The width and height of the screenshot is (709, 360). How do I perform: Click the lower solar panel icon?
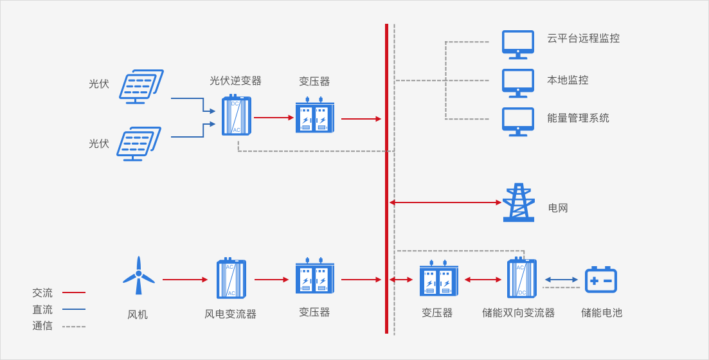pyautogui.click(x=138, y=143)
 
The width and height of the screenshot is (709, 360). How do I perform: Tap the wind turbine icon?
pyautogui.click(x=139, y=276)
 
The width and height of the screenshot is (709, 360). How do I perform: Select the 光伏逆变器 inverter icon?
pyautogui.click(x=236, y=116)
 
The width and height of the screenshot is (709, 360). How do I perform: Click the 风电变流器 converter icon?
pyautogui.click(x=231, y=278)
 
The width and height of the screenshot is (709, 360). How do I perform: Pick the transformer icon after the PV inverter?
pyautogui.click(x=315, y=116)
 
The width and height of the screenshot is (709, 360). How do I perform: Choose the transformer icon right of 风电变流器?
pyautogui.click(x=315, y=276)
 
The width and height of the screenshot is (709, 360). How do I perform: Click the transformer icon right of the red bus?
pyautogui.click(x=438, y=279)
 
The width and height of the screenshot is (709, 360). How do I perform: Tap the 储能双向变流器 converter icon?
pyautogui.click(x=521, y=278)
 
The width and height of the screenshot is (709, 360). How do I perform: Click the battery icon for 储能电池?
pyautogui.click(x=601, y=280)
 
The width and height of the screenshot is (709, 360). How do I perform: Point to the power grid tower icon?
pyautogui.click(x=519, y=203)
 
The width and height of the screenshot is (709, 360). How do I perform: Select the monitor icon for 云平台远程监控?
pyautogui.click(x=517, y=44)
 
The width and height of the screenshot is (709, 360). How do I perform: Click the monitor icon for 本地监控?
pyautogui.click(x=517, y=83)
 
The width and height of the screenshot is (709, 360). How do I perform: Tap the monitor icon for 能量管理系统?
pyautogui.click(x=517, y=122)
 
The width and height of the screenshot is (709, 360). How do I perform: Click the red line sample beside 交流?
pyautogui.click(x=74, y=292)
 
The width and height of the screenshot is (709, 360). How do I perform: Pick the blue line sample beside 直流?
pyautogui.click(x=74, y=309)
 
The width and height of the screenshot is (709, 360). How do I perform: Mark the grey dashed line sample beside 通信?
pyautogui.click(x=74, y=327)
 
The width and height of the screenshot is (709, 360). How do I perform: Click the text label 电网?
pyautogui.click(x=558, y=208)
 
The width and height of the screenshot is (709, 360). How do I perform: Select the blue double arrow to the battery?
pyautogui.click(x=561, y=280)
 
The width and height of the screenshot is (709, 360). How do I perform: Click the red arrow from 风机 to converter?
pyautogui.click(x=185, y=280)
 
